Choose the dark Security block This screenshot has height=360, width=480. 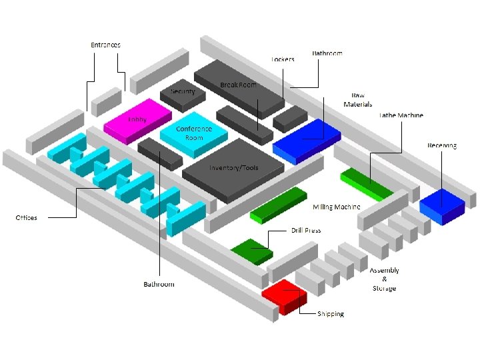183,95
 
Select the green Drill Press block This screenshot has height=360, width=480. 252,250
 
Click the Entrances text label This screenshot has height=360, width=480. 106,45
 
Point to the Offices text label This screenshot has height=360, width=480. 27,218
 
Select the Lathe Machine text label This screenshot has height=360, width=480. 401,115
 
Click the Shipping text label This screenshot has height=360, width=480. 331,314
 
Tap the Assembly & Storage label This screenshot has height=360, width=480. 385,279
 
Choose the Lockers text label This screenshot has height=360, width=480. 283,59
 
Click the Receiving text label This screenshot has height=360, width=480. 442,145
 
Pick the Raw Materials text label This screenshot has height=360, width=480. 358,99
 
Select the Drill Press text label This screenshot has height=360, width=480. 306,231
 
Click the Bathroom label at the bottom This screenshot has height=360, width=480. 159,285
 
